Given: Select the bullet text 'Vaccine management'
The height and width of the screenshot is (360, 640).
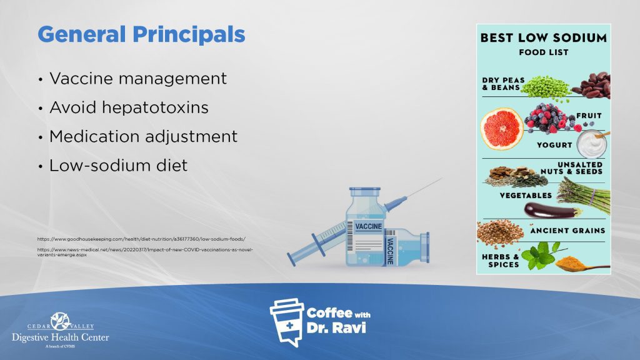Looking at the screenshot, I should [x=137, y=79].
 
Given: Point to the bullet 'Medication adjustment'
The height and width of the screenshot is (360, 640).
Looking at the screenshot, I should [x=143, y=136].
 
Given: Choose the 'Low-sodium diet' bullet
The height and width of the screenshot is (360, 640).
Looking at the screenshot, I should [x=118, y=166].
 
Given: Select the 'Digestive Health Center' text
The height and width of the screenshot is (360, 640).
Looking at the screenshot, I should [x=60, y=337].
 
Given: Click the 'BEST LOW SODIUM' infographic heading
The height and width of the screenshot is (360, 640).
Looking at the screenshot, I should [x=543, y=38].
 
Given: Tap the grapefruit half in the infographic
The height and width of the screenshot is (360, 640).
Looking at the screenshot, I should [x=501, y=129].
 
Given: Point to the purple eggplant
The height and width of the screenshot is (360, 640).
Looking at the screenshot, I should [x=550, y=211].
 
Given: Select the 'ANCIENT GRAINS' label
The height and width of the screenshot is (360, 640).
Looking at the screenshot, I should [x=567, y=231].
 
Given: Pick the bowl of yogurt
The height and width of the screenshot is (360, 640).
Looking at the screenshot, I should [x=591, y=144].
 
